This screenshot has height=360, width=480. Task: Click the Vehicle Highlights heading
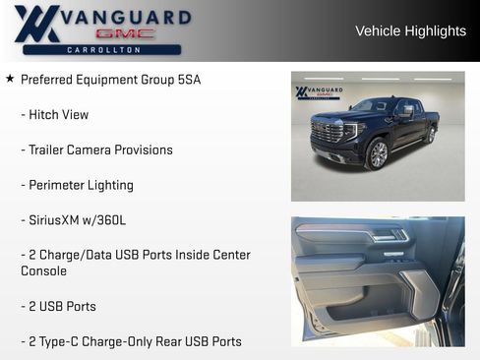pos(410,31)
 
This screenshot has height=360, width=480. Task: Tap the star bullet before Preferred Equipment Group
pos(10,79)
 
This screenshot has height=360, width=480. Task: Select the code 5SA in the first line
pos(188,80)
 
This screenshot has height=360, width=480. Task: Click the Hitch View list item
pos(55,115)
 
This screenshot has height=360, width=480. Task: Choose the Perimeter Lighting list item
pos(77,186)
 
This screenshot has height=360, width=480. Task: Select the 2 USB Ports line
pos(59,306)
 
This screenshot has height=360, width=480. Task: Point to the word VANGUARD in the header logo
pos(126,17)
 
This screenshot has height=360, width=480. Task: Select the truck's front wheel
pos(378,153)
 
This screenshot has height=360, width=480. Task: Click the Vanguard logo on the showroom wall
pos(318,92)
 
